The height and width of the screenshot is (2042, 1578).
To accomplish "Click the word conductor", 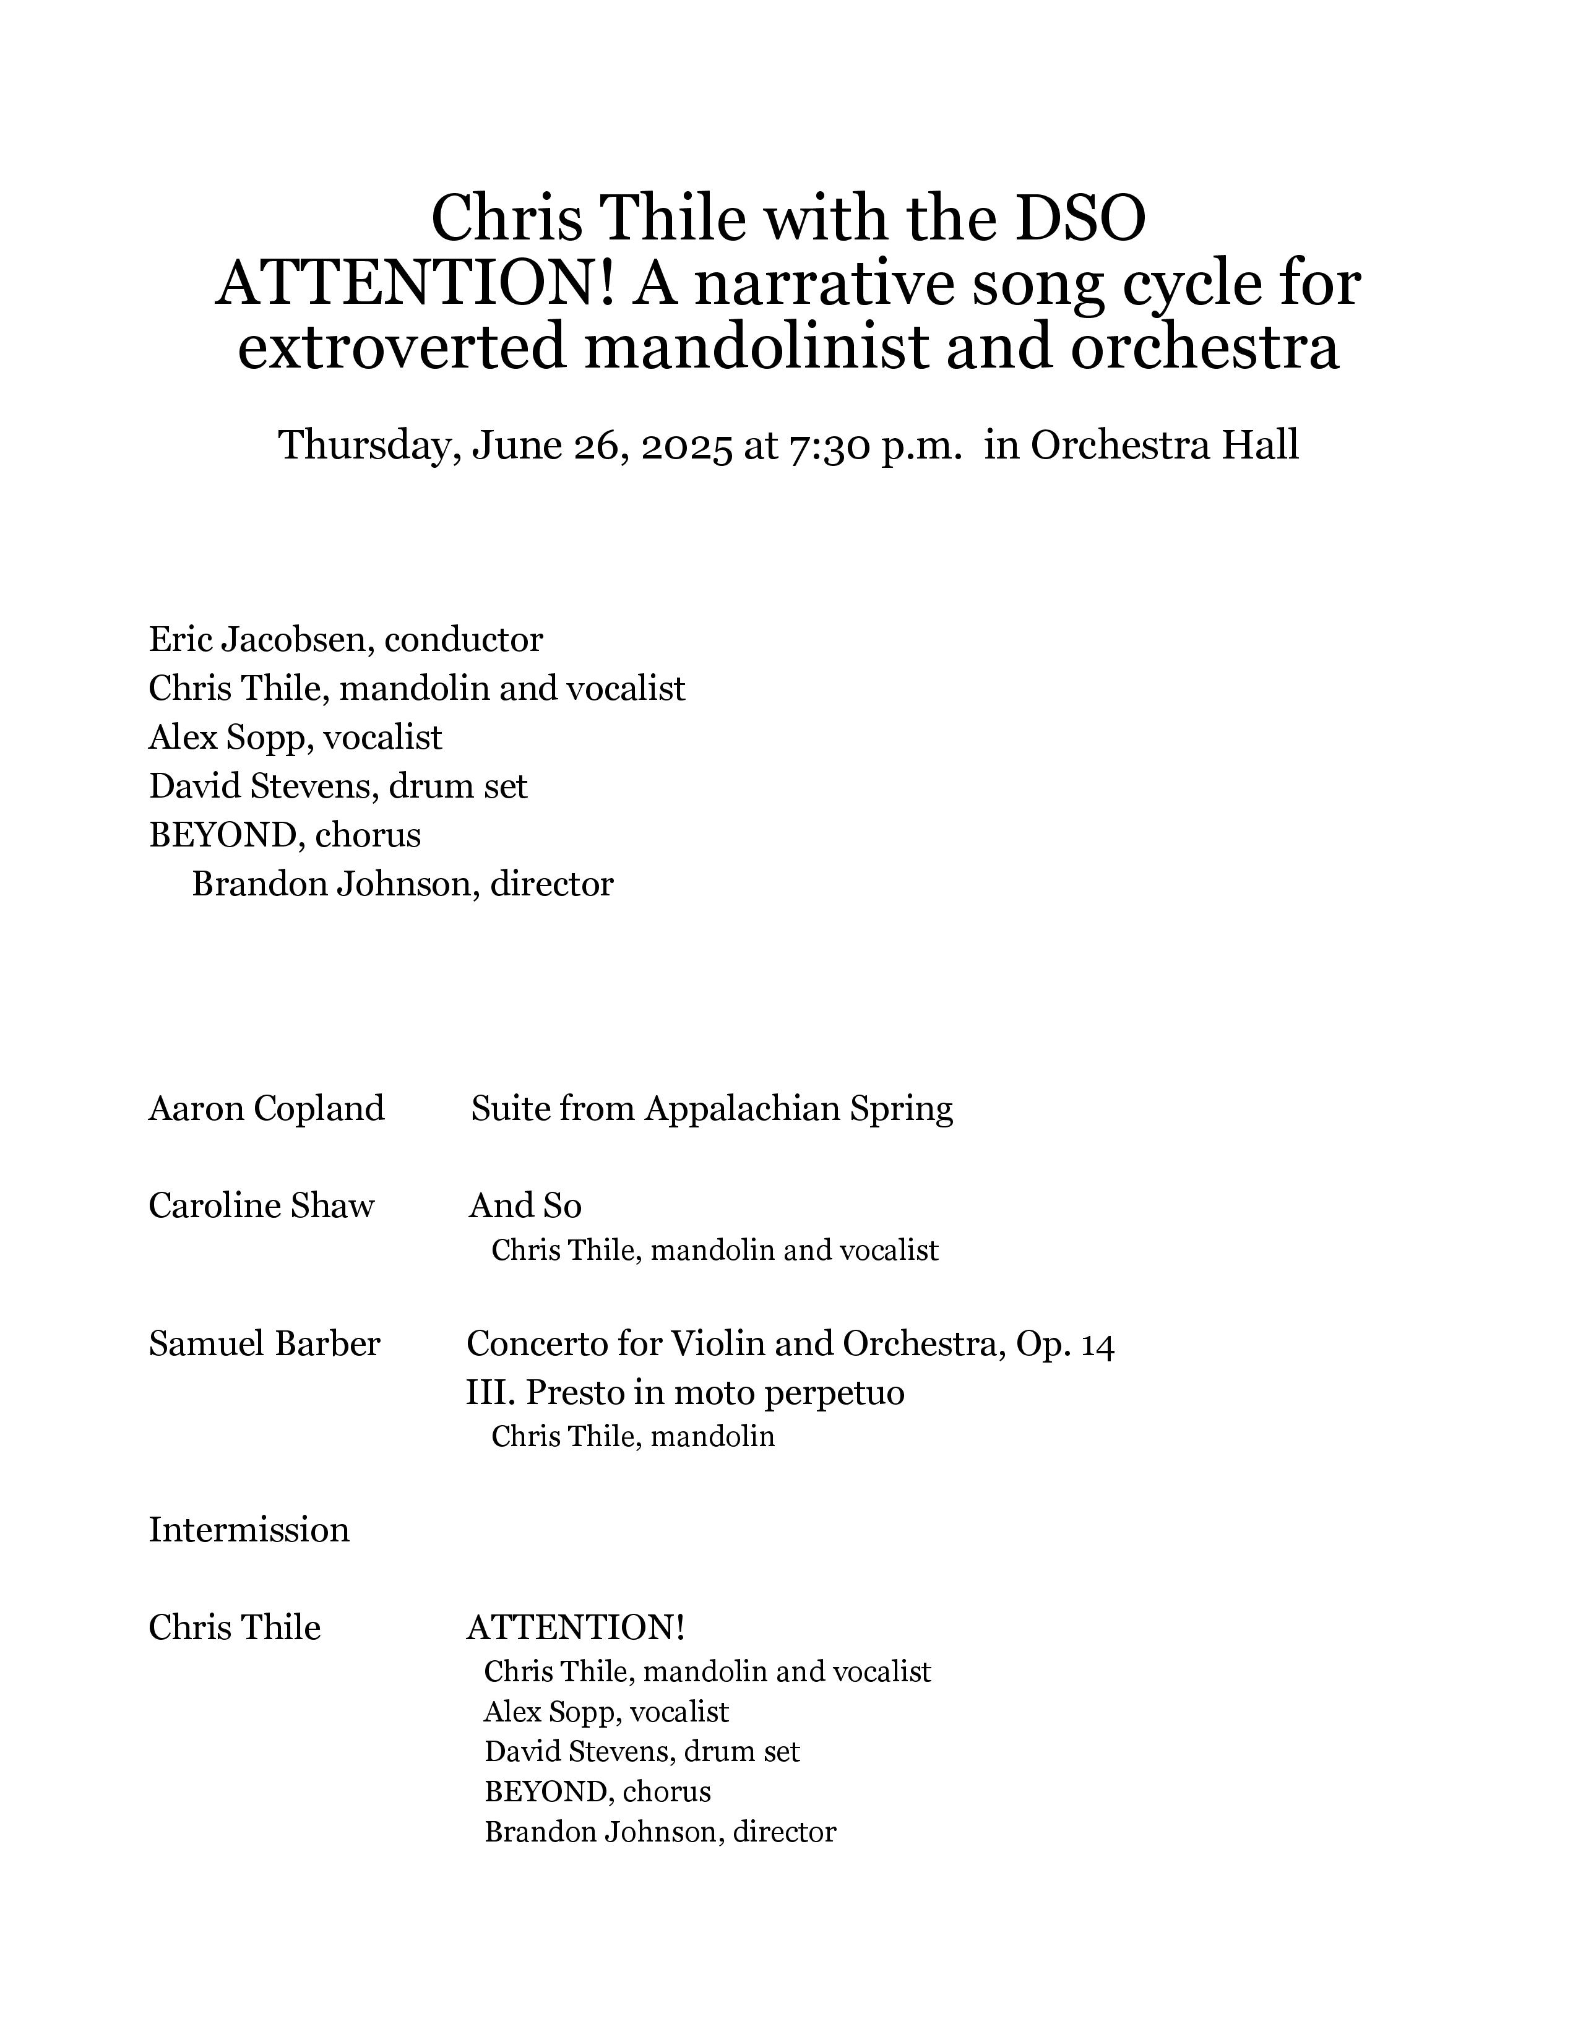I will (x=463, y=640).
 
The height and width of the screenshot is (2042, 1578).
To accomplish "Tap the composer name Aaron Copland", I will (x=267, y=1109).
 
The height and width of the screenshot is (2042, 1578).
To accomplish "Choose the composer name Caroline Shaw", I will (x=261, y=1206).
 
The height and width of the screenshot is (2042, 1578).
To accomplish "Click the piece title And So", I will (x=525, y=1206).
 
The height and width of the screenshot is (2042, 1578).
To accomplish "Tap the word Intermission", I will (x=249, y=1530).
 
